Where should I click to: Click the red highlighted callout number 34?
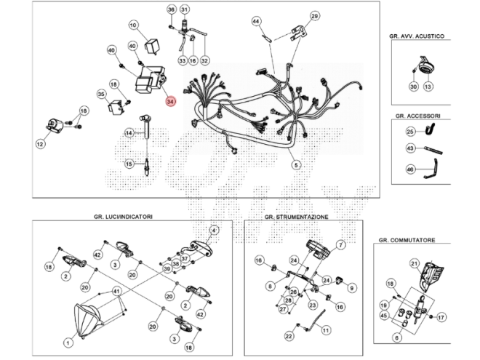[x=170, y=102]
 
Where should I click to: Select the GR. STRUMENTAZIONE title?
[x=296, y=217]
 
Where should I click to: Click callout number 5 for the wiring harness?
[x=296, y=165]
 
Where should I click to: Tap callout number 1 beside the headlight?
[x=68, y=341]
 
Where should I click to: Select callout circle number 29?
[x=314, y=16]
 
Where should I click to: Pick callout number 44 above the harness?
[x=256, y=22]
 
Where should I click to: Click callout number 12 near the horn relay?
[x=40, y=145]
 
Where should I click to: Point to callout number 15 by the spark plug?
[x=129, y=164]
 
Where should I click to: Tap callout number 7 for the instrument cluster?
[x=340, y=245]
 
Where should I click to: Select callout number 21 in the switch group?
[x=415, y=263]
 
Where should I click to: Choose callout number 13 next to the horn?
[x=428, y=87]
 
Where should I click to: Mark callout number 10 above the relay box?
[x=133, y=25]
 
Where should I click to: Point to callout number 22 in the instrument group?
[x=289, y=336]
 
